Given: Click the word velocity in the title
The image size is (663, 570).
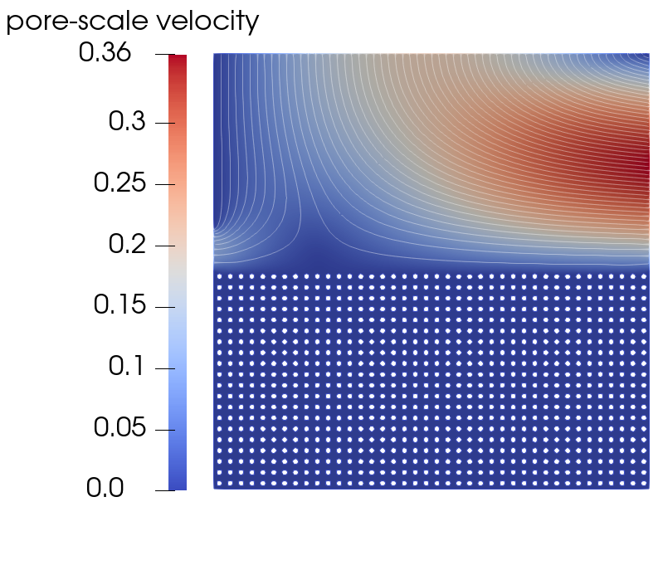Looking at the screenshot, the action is point(207,21).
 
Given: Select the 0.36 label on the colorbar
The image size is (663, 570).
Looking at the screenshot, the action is point(105,53).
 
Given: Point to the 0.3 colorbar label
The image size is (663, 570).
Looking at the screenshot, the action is point(127,121).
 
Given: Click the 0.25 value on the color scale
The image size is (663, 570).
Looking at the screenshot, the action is point(119,183).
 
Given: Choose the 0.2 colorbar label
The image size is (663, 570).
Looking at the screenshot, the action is point(127,244).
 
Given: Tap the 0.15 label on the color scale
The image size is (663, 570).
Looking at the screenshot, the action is point(119,305).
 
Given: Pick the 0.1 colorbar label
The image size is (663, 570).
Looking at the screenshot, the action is point(126,367).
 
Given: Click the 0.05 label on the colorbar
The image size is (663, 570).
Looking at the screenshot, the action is point(119,428).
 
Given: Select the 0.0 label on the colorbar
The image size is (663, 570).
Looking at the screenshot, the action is point(105,489).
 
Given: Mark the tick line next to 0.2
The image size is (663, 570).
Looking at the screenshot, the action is point(165,246).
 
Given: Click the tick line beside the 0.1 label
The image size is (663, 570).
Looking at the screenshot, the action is point(165,368).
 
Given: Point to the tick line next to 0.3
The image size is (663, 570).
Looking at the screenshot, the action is point(165,123).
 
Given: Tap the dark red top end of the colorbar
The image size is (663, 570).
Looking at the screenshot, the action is point(178,58).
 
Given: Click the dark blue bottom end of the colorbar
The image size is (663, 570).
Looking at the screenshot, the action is point(178,486).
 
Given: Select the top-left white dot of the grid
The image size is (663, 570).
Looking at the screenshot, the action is point(219,276).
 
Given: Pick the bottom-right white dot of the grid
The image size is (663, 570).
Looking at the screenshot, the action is point(644,483).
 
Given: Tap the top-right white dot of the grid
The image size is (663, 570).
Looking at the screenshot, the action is point(644,276).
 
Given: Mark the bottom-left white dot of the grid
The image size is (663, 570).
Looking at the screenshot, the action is point(219,483).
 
